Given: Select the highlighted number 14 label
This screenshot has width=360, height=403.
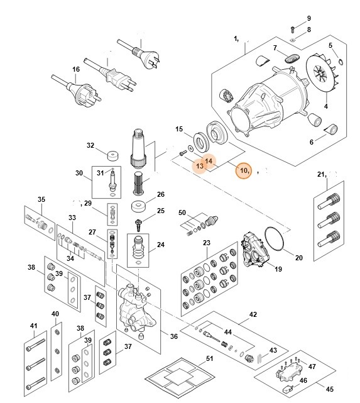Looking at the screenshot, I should coord(210,161).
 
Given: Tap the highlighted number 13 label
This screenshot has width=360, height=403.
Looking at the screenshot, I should coord(199,166).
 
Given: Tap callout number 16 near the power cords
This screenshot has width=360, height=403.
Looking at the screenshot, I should coord(75,69).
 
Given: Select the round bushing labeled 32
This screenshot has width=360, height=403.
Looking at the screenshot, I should coord(113,155).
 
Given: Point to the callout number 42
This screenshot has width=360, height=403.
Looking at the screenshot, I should coord(253,314).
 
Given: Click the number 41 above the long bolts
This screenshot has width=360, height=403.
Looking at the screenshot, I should coord(34,325).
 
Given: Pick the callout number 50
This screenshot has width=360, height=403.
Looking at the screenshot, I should coord(182,213).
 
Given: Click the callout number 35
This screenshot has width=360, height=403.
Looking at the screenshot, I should coord(41,200).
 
